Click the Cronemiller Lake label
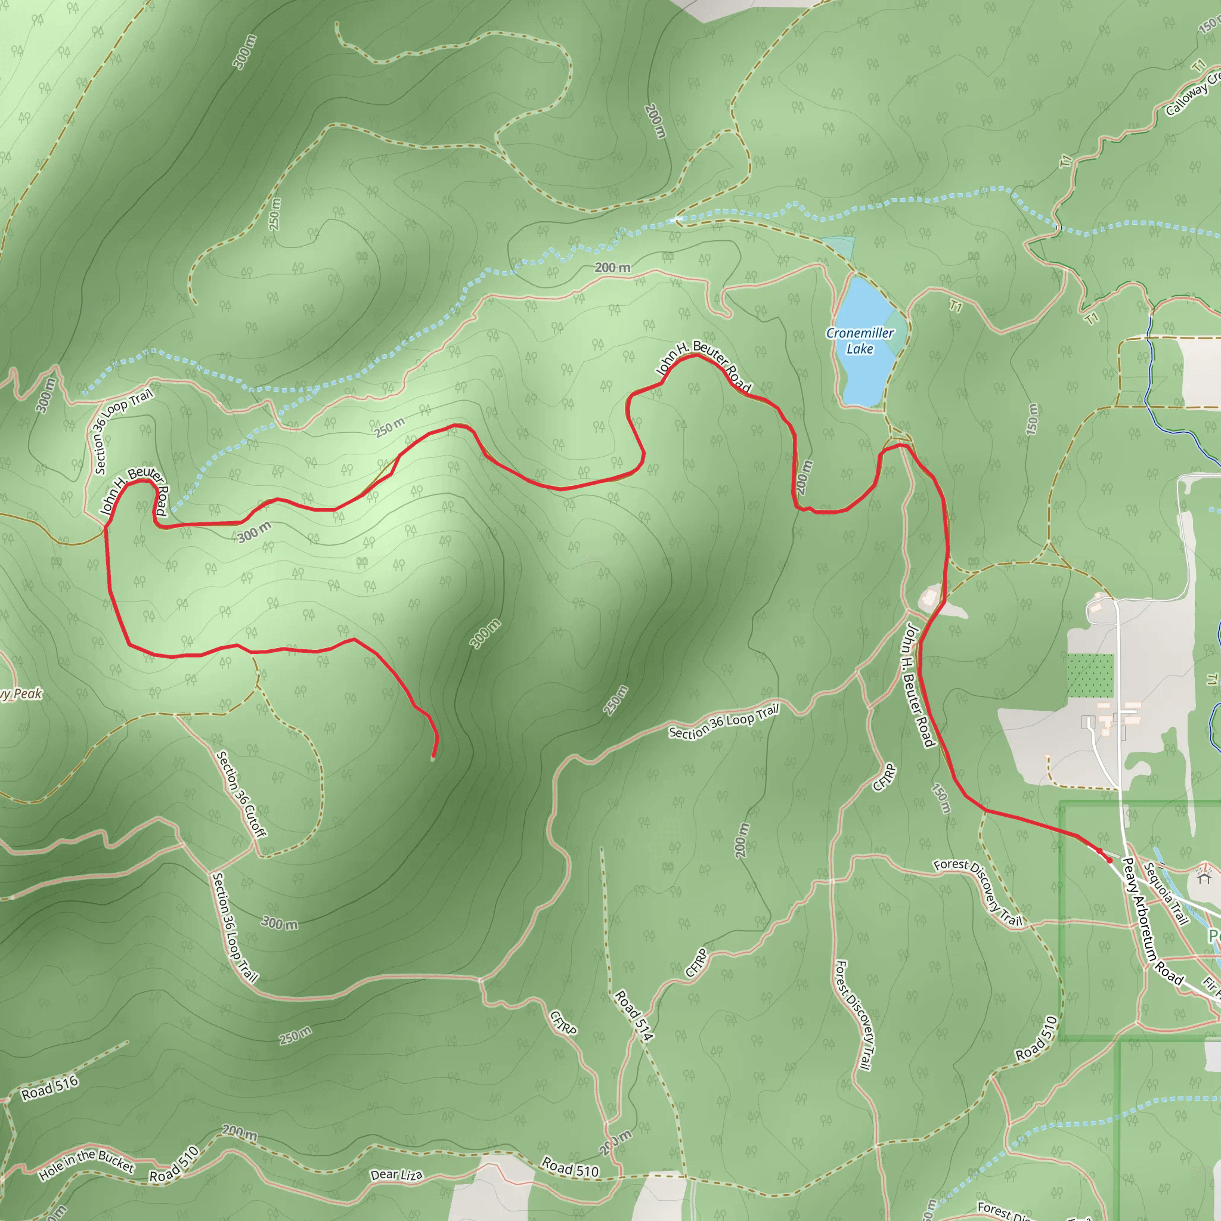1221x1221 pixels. pyautogui.click(x=860, y=340)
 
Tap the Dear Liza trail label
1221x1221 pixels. pyautogui.click(x=396, y=1175)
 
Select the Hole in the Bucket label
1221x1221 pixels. pyautogui.click(x=86, y=1165)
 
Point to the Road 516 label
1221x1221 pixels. pyautogui.click(x=50, y=1087)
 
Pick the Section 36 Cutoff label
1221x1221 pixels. pyautogui.click(x=241, y=793)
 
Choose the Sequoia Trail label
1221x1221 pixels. pyautogui.click(x=1167, y=893)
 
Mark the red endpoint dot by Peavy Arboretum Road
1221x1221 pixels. pyautogui.click(x=1109, y=860)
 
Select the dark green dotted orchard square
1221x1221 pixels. pyautogui.click(x=1090, y=675)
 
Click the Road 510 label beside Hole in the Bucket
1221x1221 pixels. pyautogui.click(x=175, y=1164)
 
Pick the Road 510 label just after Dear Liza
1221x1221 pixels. pyautogui.click(x=570, y=1168)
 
